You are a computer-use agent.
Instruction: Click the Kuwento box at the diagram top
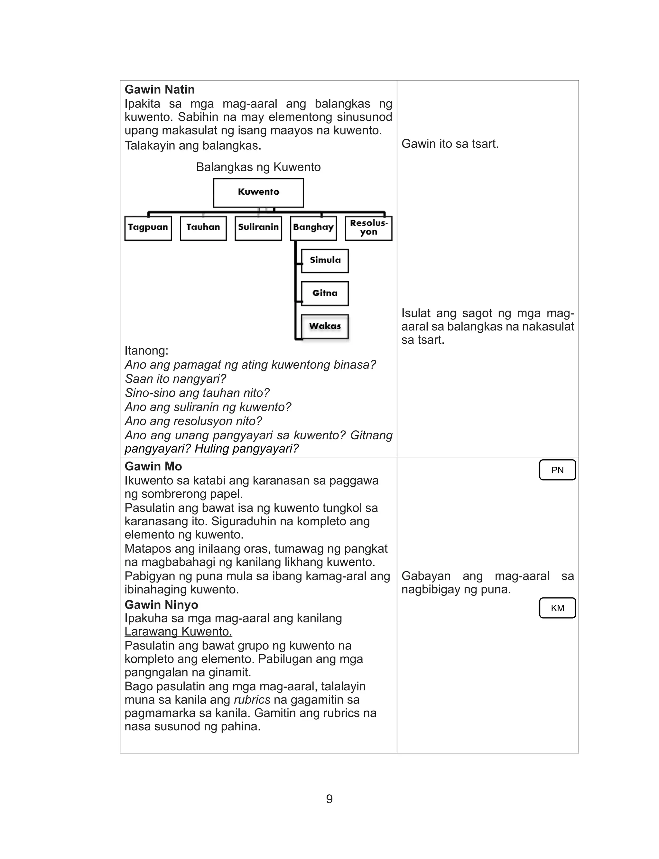click(x=258, y=192)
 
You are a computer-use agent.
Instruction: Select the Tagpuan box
click(x=148, y=228)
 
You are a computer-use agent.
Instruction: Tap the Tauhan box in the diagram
click(x=203, y=228)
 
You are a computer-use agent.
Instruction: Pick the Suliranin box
click(x=258, y=228)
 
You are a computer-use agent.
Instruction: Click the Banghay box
click(x=313, y=228)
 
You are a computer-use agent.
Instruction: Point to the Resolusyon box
click(x=368, y=228)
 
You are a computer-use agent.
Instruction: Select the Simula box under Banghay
click(x=325, y=260)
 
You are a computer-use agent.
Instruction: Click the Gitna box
click(x=325, y=294)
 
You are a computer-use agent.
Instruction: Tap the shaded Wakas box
click(x=325, y=326)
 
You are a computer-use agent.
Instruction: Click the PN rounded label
click(x=557, y=470)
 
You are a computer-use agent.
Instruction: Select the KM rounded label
click(x=557, y=608)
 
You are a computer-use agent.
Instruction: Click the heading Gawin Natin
click(x=160, y=89)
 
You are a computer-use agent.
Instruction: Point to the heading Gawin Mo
click(x=153, y=466)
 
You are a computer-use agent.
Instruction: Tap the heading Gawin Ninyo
click(x=161, y=604)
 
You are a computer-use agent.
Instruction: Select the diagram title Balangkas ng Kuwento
click(x=258, y=167)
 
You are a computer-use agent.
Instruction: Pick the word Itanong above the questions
click(x=146, y=351)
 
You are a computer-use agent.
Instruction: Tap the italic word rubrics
click(x=252, y=700)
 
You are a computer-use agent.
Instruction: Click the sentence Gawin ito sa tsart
click(x=450, y=144)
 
